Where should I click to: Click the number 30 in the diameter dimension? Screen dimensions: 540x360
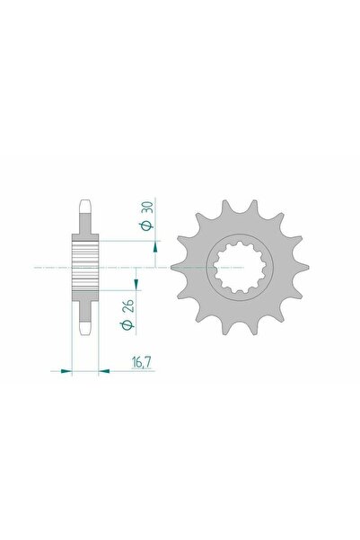tap(148, 206)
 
